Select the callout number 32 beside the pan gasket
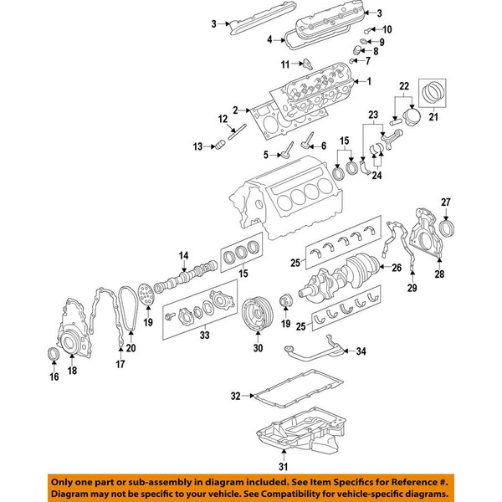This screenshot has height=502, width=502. (x=235, y=395)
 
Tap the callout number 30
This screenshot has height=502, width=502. (x=257, y=348)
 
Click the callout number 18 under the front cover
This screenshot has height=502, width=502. (x=71, y=370)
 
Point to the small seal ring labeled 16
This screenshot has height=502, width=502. (x=52, y=358)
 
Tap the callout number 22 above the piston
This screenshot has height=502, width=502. (x=404, y=86)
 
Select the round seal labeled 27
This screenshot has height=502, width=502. (x=448, y=228)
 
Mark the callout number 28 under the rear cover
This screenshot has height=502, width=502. (x=441, y=273)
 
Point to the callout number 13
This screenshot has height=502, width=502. (x=197, y=147)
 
